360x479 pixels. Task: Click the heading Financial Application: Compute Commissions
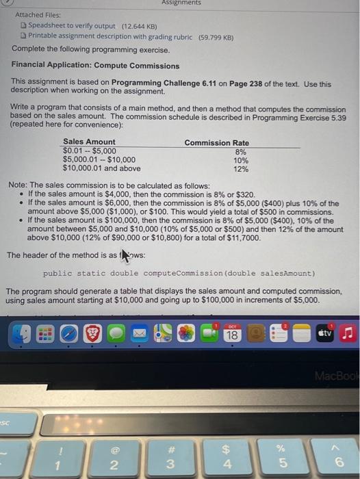(x=96, y=66)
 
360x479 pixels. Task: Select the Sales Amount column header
(x=89, y=142)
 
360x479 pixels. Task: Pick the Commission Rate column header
(x=216, y=142)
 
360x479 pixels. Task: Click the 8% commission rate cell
(x=240, y=151)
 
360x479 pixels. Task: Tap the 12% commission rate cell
(x=240, y=168)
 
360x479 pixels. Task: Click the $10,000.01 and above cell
(x=101, y=168)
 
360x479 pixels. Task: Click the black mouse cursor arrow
(x=125, y=255)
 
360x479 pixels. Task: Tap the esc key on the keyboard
(x=6, y=423)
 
